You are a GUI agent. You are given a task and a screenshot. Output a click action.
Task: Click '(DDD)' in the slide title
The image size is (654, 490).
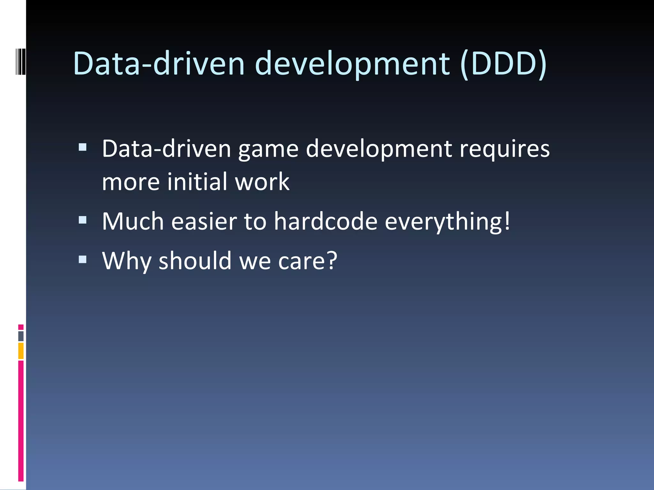[x=504, y=64]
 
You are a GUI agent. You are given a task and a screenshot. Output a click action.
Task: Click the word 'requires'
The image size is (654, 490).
[x=505, y=149]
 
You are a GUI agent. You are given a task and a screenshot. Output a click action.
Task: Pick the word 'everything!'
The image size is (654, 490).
[x=447, y=222]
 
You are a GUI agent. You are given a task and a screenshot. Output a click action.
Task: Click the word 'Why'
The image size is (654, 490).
[x=126, y=261]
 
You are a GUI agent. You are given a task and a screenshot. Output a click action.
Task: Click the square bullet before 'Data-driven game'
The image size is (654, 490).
[x=83, y=147]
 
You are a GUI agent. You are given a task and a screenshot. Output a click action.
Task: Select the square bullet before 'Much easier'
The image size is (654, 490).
[x=83, y=220]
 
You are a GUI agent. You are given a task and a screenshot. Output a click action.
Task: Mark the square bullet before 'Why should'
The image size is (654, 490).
[x=83, y=259]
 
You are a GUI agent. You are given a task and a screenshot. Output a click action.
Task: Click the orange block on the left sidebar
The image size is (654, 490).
[x=21, y=351]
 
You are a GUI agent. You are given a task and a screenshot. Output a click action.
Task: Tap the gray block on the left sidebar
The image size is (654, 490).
[x=21, y=336]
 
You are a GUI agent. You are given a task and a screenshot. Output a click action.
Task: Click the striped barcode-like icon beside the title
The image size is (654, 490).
[x=20, y=61]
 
